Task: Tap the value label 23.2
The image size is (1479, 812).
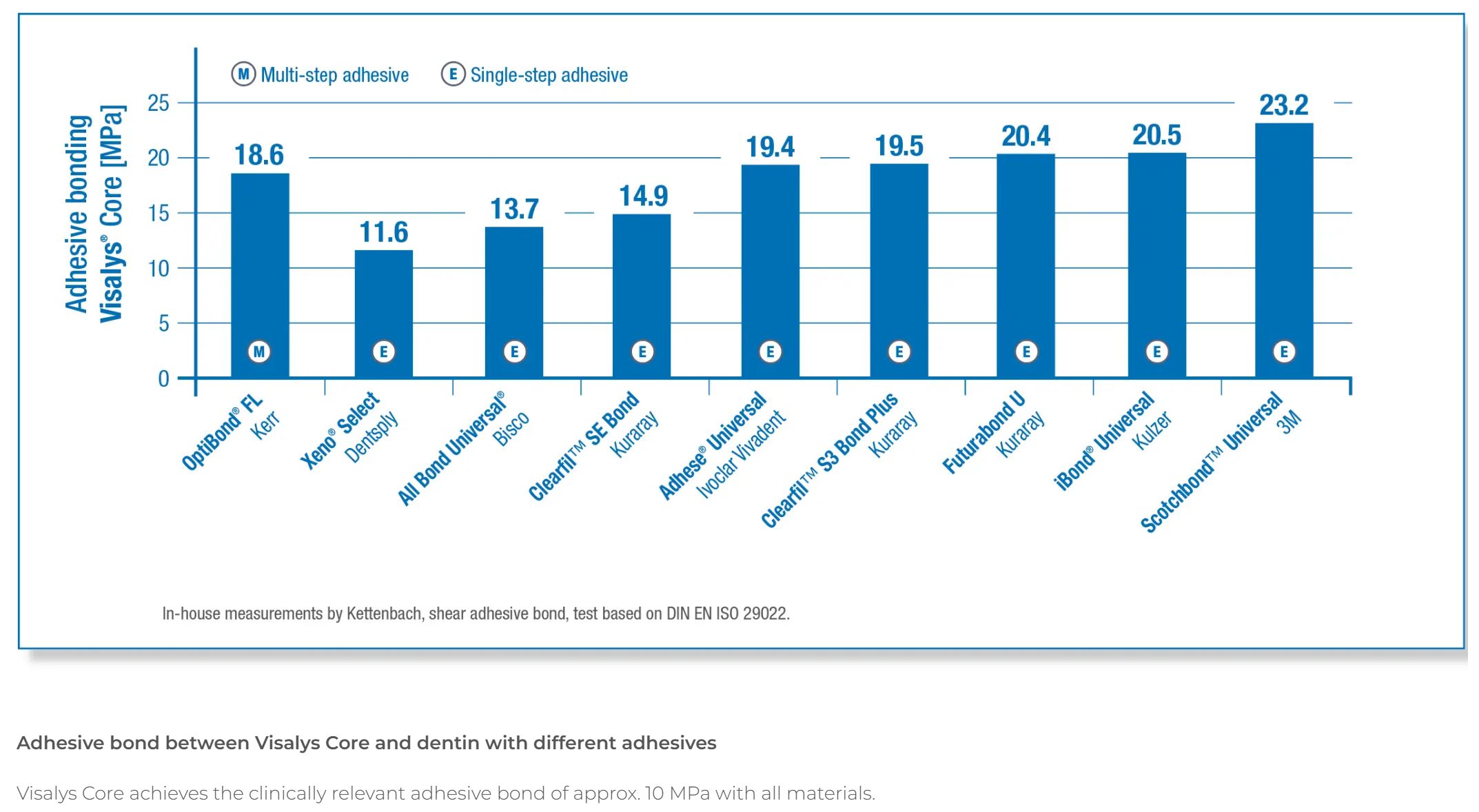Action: click(x=1283, y=105)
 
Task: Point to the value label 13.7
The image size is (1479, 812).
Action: click(x=514, y=210)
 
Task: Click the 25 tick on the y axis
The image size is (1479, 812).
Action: click(x=159, y=103)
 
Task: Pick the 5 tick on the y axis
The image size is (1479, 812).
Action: click(x=163, y=323)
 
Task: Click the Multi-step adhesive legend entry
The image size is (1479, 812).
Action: click(x=320, y=74)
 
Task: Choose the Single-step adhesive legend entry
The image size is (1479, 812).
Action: click(x=535, y=74)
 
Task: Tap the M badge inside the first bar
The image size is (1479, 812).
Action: click(x=259, y=352)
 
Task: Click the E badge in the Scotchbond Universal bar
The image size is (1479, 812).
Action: click(x=1283, y=352)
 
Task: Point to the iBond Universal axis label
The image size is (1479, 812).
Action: click(x=1104, y=441)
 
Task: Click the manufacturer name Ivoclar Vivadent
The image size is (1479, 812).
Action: click(x=741, y=455)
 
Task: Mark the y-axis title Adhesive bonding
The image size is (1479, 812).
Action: click(x=77, y=214)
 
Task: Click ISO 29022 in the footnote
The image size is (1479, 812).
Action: click(x=752, y=613)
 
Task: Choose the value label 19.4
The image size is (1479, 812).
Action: click(x=770, y=148)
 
